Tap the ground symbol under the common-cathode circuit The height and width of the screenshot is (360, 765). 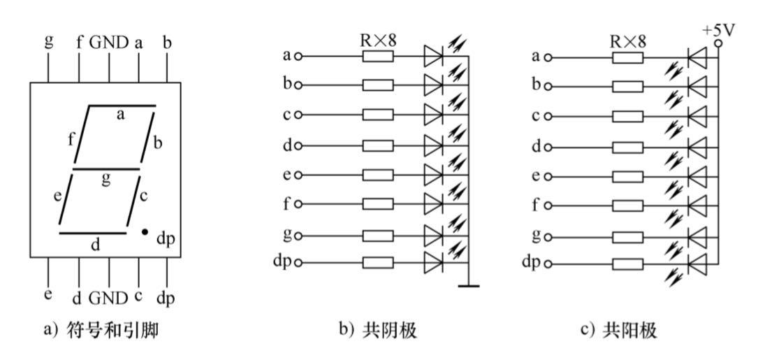[x=469, y=285]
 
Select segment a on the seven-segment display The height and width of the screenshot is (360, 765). [x=122, y=106]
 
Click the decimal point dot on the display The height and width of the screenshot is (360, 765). [x=145, y=231]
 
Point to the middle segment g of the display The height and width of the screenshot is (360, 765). [x=106, y=168]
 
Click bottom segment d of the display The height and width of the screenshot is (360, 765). [x=92, y=233]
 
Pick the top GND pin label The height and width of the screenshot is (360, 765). [x=109, y=43]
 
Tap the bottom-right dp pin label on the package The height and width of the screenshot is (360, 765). [x=166, y=298]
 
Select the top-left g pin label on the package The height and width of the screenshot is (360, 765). [x=48, y=41]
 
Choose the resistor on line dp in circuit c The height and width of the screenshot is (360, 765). [x=628, y=264]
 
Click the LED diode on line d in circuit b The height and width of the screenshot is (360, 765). [x=433, y=145]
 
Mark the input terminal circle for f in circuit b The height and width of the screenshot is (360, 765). [x=298, y=204]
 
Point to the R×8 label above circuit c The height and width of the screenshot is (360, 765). [x=628, y=41]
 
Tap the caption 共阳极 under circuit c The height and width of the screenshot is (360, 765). [x=619, y=330]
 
